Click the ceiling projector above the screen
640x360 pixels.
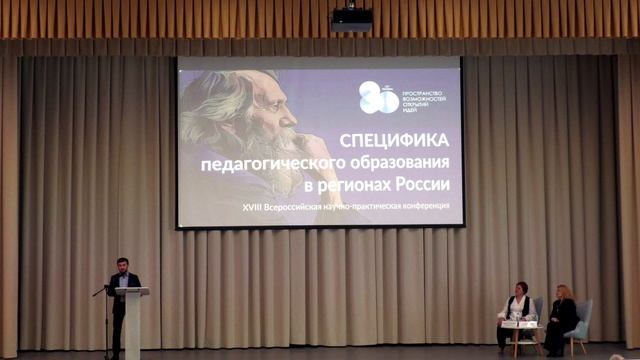coord(351,19)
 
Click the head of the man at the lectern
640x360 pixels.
coord(122,265)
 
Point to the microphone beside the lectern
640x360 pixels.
coord(99,291)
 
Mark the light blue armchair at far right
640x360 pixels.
coord(582,320)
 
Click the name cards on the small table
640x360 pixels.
coord(519,323)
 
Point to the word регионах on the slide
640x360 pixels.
coord(372,184)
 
